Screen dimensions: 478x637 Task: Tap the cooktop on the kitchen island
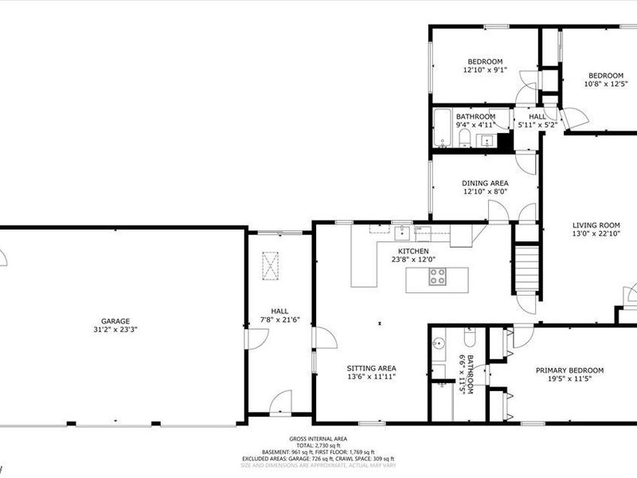coord(437,277)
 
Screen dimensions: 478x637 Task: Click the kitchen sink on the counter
coord(404,232)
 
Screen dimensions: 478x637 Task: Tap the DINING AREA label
coord(485,182)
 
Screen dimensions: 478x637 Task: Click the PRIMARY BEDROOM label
coord(569,370)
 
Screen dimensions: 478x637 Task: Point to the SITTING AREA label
coord(371,367)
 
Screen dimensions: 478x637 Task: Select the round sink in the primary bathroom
coord(437,345)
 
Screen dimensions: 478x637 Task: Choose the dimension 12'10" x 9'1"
coord(484,71)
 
